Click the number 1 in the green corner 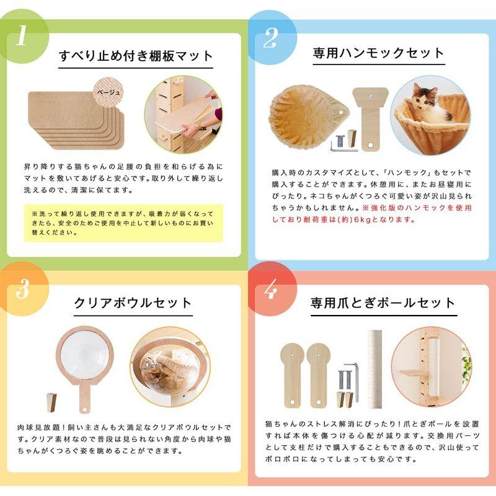pos(22,36)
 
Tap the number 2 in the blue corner pos(270,37)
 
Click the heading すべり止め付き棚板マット pos(136,55)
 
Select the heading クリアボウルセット pos(133,303)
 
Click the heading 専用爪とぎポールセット pos(383,303)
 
